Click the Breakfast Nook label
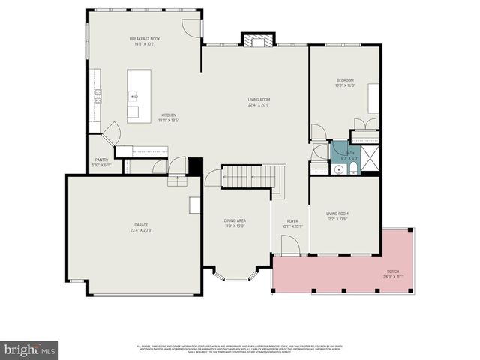point(144,40)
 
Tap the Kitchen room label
point(169,117)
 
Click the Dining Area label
point(235,223)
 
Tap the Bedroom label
point(345,82)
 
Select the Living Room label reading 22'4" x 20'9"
point(259,102)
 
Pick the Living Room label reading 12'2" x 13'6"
point(337,217)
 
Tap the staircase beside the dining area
point(250,177)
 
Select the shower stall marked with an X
point(370,159)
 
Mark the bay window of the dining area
point(235,274)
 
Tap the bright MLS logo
point(30,349)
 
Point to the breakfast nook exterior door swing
point(193,27)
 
